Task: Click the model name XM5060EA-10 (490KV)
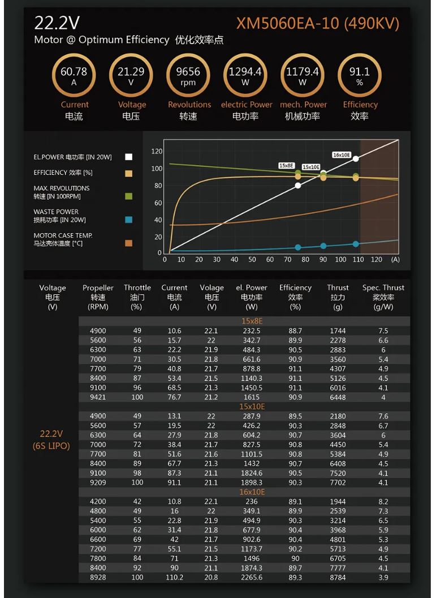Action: click(x=318, y=24)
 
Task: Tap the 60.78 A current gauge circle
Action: click(x=74, y=76)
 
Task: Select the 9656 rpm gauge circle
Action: click(x=188, y=76)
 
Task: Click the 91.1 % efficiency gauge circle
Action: click(x=359, y=76)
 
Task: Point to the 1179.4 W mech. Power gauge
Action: click(x=303, y=76)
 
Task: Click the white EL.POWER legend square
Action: click(x=129, y=157)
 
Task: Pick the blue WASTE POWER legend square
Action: click(x=129, y=220)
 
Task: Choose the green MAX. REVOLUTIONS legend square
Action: click(x=129, y=196)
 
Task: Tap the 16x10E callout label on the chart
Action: click(x=342, y=155)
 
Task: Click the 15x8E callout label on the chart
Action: click(x=287, y=166)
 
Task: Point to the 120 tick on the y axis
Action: click(x=157, y=152)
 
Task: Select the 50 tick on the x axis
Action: click(x=252, y=260)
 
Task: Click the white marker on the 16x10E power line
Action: click(x=356, y=158)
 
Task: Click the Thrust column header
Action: click(x=338, y=287)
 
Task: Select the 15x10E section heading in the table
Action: click(x=252, y=406)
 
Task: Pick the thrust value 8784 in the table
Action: click(x=338, y=577)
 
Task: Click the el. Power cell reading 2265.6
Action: click(x=251, y=577)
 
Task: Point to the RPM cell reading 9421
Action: click(x=98, y=397)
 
